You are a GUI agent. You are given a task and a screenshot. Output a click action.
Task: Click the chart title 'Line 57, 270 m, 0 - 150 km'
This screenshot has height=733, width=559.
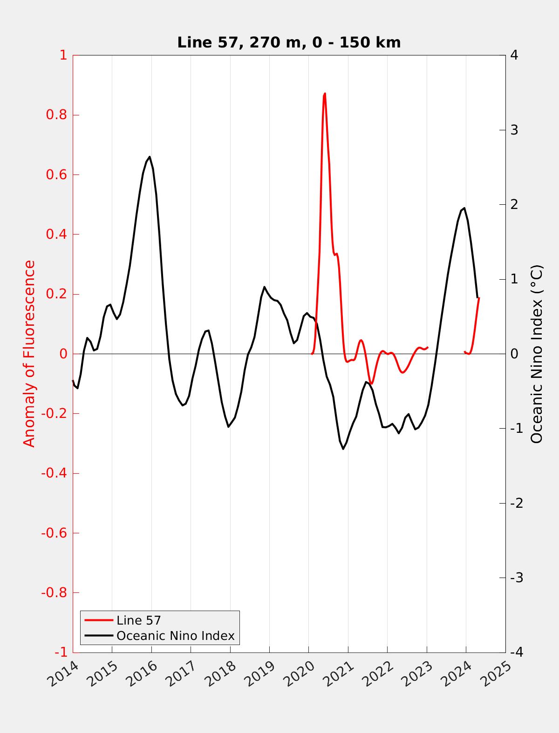(289, 42)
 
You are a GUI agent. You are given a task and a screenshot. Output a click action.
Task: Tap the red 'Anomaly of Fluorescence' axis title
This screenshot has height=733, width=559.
(29, 354)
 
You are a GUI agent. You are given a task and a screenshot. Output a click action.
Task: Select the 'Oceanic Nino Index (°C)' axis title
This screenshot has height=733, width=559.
(537, 354)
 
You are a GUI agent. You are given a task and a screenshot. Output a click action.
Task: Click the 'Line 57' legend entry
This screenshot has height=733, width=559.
(138, 620)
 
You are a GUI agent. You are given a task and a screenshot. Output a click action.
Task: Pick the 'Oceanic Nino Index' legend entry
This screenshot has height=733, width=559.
(175, 635)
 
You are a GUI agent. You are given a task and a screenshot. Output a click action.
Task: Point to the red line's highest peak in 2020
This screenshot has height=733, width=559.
(325, 94)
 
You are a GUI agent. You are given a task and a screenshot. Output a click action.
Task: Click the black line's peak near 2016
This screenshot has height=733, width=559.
(150, 157)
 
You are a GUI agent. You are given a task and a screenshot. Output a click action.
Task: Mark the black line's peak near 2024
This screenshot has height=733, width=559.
(464, 208)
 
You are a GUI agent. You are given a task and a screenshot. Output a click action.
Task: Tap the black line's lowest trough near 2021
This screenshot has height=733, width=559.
(343, 449)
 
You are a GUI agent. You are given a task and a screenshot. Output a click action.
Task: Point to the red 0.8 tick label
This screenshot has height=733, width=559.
(56, 115)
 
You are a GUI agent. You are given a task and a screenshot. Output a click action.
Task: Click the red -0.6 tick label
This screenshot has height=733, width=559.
(54, 533)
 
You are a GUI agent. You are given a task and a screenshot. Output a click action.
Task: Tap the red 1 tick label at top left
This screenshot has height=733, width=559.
(63, 55)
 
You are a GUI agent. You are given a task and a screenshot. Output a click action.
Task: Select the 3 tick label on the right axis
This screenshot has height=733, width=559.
(514, 130)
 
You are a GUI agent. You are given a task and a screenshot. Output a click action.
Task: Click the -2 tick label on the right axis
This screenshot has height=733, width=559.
(517, 503)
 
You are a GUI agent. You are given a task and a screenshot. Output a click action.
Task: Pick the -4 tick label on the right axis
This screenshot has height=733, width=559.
(517, 652)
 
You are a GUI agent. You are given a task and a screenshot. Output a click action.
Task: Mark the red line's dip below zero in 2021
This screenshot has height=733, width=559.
(371, 383)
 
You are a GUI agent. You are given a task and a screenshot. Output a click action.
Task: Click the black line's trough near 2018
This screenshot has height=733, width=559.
(228, 427)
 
